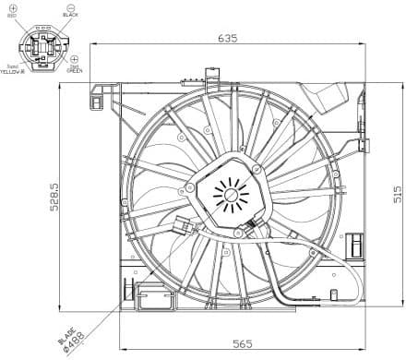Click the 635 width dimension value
tap(228, 39)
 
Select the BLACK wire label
tap(70, 16)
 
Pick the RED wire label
tap(12, 16)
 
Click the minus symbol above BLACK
tap(70, 6)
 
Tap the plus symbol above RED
tap(12, 6)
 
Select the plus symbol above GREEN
tap(74, 58)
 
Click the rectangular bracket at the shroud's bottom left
tap(151, 297)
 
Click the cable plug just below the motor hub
tap(252, 232)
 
